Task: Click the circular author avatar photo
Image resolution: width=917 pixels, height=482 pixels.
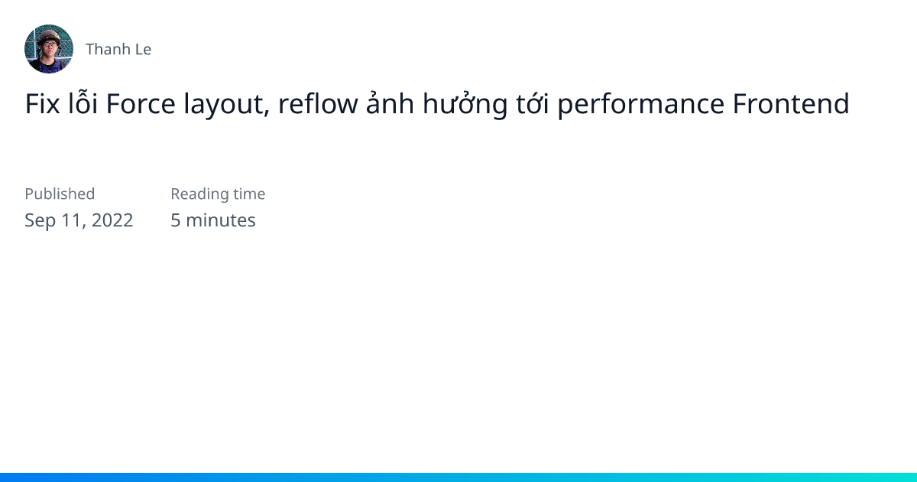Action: (49, 49)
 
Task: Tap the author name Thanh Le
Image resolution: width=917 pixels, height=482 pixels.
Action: (118, 50)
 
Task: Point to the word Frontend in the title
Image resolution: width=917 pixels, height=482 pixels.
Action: (791, 104)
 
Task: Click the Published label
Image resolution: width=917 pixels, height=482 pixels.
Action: (60, 194)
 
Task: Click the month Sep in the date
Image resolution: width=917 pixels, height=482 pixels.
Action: (40, 221)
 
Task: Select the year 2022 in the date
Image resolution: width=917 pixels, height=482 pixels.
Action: (112, 220)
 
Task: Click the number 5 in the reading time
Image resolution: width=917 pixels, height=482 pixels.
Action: (176, 220)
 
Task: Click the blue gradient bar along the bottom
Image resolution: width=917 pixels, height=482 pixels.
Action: (458, 477)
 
